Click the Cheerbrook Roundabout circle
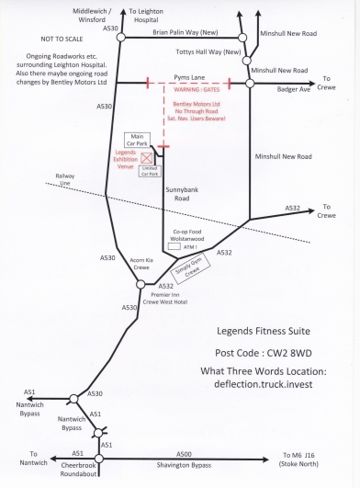click(x=99, y=459)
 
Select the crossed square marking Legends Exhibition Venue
click(x=146, y=158)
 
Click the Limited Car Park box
click(x=150, y=171)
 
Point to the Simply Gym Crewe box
click(x=191, y=268)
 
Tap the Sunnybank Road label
click(x=182, y=194)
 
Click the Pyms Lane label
click(x=189, y=77)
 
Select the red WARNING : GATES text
click(x=197, y=90)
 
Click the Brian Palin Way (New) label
click(x=186, y=32)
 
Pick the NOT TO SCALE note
click(x=62, y=39)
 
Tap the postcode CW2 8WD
click(x=289, y=353)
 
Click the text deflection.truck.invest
click(x=264, y=384)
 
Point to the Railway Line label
click(x=64, y=179)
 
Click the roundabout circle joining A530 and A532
click(x=141, y=284)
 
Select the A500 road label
click(x=184, y=454)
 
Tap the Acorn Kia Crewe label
click(x=141, y=264)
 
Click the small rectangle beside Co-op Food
click(x=174, y=246)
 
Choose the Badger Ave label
click(x=294, y=90)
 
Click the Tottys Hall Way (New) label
click(x=208, y=51)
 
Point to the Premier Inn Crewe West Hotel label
click(x=165, y=298)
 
